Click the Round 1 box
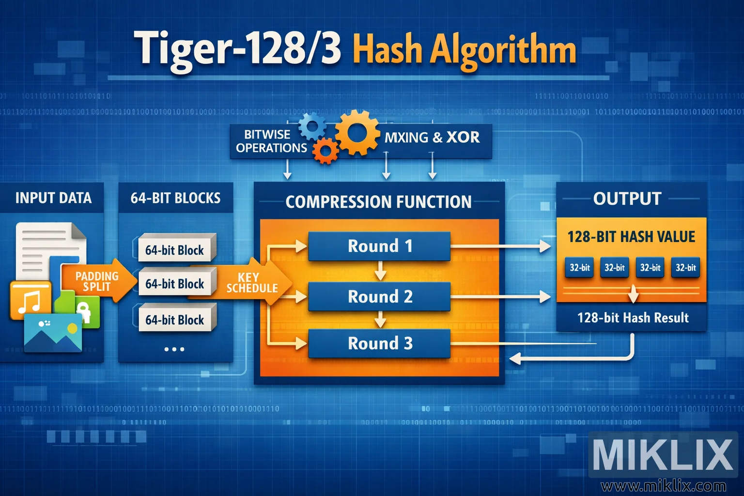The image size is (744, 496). (x=379, y=246)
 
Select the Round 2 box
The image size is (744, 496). (x=379, y=296)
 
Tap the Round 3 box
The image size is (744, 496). (x=379, y=343)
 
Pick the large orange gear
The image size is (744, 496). (x=357, y=132)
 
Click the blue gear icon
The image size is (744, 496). (x=312, y=126)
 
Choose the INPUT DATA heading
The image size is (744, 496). (x=53, y=198)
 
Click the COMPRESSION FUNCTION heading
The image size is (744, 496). (x=378, y=202)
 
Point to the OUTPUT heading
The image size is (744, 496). (x=627, y=199)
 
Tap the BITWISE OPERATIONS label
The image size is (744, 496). (x=270, y=141)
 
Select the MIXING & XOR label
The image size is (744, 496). (x=432, y=138)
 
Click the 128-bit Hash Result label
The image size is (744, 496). (x=633, y=318)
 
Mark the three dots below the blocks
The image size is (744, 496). (x=174, y=349)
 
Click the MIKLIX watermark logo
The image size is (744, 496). (x=663, y=454)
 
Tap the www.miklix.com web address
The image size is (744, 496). (x=663, y=486)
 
